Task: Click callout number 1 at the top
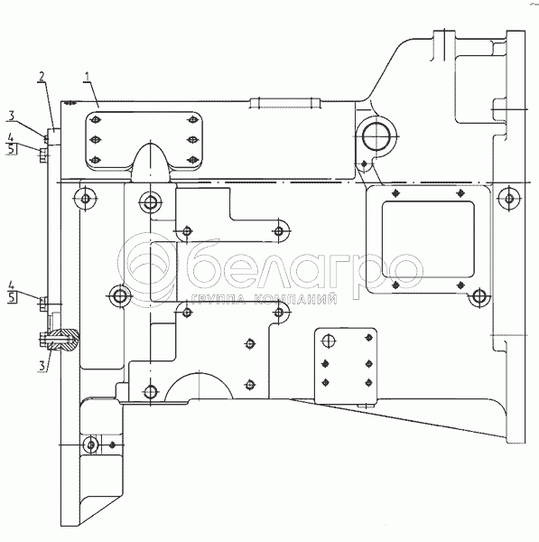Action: pyautogui.click(x=87, y=77)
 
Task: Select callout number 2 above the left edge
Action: pyautogui.click(x=42, y=77)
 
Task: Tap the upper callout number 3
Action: pyautogui.click(x=12, y=116)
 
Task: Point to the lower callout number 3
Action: pyautogui.click(x=42, y=365)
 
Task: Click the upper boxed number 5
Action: pyautogui.click(x=12, y=149)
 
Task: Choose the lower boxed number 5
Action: pyautogui.click(x=12, y=297)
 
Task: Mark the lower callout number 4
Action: pyautogui.click(x=12, y=285)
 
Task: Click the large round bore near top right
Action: pyautogui.click(x=376, y=136)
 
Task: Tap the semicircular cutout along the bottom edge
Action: pyautogui.click(x=199, y=386)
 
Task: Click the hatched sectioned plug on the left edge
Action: pyautogui.click(x=64, y=341)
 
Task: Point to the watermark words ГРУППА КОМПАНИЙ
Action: pyautogui.click(x=264, y=299)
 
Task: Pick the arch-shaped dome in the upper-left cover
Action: pyautogui.click(x=151, y=163)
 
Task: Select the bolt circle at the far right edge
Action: pyautogui.click(x=508, y=199)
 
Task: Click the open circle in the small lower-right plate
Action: pyautogui.click(x=329, y=341)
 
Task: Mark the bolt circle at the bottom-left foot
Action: pyautogui.click(x=90, y=444)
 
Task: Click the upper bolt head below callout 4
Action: pyautogui.click(x=42, y=155)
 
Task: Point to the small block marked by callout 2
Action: pyautogui.click(x=54, y=136)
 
